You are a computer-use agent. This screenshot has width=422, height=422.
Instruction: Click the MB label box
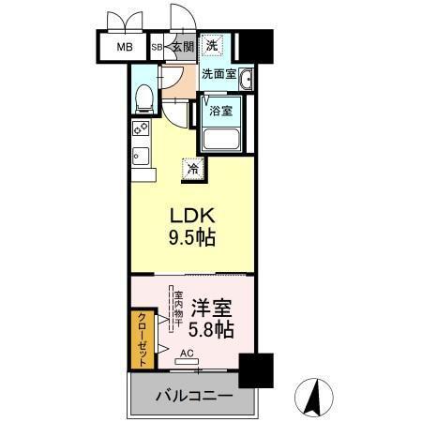coord(123,46)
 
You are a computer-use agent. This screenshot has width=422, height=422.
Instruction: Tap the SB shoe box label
coord(157,46)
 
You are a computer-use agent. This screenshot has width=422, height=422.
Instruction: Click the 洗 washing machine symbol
coord(214,46)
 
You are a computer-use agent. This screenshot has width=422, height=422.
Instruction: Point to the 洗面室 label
coord(218,74)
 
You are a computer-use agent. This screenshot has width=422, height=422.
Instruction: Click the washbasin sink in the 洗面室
coord(247,79)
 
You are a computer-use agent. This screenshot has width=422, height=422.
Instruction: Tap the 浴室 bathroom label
coord(221,109)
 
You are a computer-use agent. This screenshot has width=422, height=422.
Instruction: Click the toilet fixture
coord(143,97)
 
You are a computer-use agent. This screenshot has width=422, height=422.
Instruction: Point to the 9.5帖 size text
coord(191,237)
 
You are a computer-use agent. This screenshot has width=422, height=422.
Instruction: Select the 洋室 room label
coord(212,307)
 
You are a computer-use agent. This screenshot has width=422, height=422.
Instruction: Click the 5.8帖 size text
coord(212,330)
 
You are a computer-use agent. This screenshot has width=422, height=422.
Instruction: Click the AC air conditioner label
coord(186,354)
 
